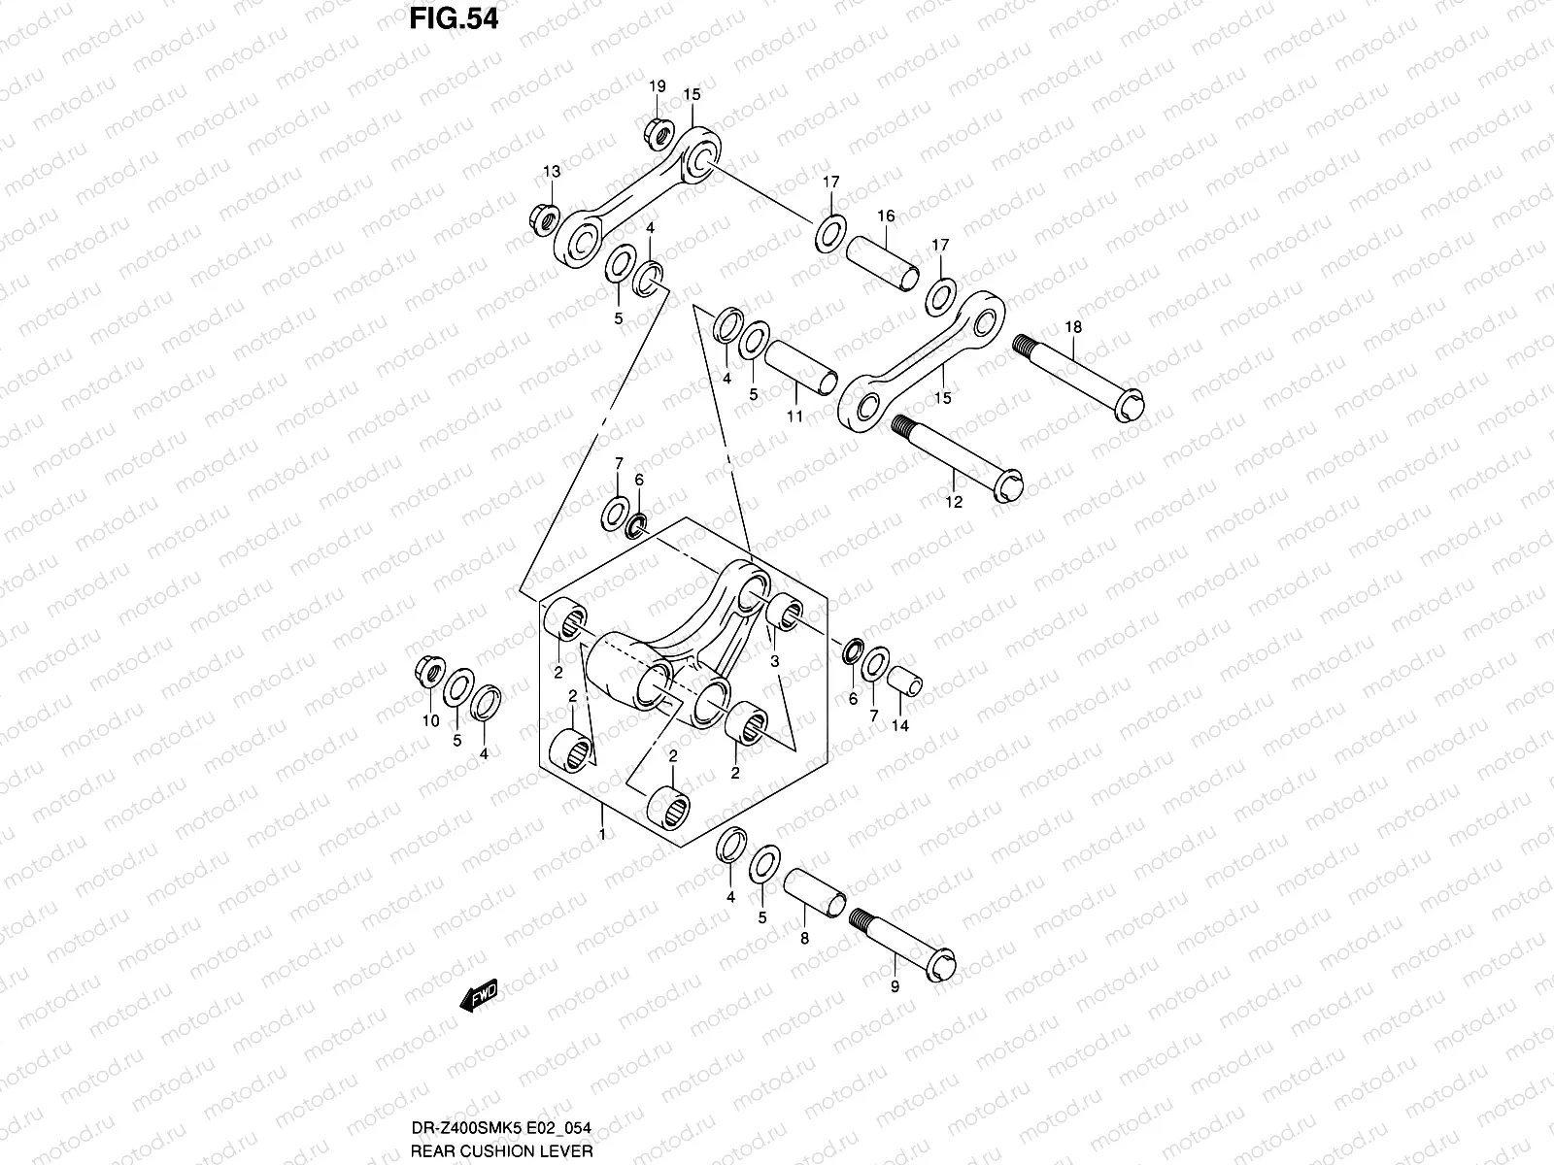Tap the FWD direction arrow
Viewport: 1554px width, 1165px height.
(479, 995)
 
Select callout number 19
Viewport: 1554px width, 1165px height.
(658, 87)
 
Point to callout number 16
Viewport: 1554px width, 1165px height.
(886, 216)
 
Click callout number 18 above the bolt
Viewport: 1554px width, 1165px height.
(1072, 327)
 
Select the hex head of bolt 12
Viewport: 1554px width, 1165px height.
(1009, 484)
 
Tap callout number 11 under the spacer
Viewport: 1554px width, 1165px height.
(794, 417)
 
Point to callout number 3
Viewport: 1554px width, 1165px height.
(774, 661)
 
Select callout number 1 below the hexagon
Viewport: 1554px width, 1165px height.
(602, 834)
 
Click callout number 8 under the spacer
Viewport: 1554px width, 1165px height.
(804, 939)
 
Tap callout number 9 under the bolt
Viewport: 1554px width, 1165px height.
(895, 986)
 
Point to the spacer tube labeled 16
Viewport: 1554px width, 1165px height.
(881, 262)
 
